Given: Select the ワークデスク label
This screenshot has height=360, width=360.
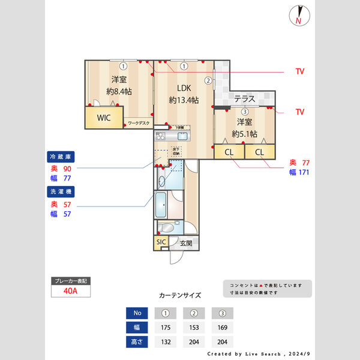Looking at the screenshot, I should coord(139,124).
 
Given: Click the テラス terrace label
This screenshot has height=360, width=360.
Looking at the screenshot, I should coord(245,99).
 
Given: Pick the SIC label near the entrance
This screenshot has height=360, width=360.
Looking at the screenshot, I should coord(161,242).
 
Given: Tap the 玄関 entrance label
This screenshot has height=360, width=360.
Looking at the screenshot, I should coord(186,244).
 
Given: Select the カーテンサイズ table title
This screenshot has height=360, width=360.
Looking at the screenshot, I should coord(180,296).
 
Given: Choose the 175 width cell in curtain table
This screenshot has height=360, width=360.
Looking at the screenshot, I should coord(166,328).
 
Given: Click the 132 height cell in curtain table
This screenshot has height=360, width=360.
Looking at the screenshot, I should coord(166,342).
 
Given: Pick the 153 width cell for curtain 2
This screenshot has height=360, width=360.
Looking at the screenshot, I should coord(194,328).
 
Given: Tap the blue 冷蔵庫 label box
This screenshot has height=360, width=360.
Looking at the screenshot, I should coord(61,157).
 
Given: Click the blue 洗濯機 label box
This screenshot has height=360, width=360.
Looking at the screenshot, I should coord(61,192).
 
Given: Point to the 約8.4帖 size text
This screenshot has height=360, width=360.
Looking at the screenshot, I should coord(119,92).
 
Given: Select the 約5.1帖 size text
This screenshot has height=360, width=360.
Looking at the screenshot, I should coord(245,134).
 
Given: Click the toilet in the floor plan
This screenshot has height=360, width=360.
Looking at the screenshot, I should coord(167,228).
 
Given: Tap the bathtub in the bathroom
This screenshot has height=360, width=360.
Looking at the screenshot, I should coord(161,206).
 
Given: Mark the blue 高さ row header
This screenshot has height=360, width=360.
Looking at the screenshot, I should coord(138,342).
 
